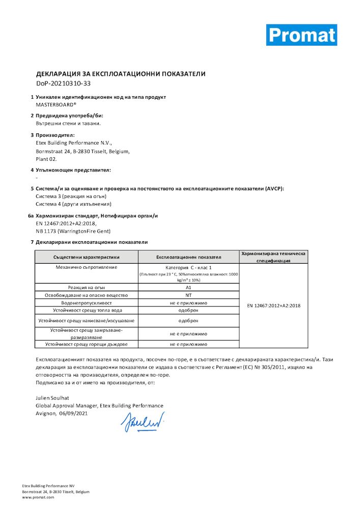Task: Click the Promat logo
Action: pyautogui.click(x=301, y=35)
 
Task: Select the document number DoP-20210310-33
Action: pyautogui.click(x=63, y=83)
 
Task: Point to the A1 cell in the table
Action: pyautogui.click(x=188, y=288)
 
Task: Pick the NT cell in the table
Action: pyautogui.click(x=188, y=295)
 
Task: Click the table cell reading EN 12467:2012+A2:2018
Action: pyautogui.click(x=273, y=305)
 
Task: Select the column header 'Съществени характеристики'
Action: pyautogui.click(x=86, y=257)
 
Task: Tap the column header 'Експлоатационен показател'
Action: pyautogui.click(x=188, y=257)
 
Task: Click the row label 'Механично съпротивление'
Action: pyautogui.click(x=86, y=267)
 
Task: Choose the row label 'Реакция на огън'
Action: pyautogui.click(x=86, y=288)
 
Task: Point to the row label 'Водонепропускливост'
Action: pyautogui.click(x=86, y=302)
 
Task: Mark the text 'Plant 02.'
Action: pyautogui.click(x=46, y=159)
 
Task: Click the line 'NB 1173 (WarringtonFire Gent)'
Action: pyautogui.click(x=73, y=231)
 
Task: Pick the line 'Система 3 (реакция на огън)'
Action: pyautogui.click(x=71, y=196)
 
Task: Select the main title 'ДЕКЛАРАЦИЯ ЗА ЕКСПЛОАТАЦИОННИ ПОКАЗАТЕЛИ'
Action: pyautogui.click(x=121, y=74)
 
